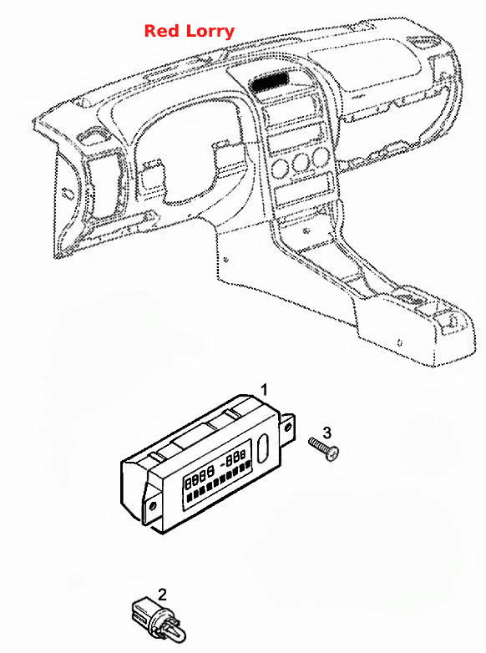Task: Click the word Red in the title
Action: tap(162, 31)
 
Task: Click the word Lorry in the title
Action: tap(210, 32)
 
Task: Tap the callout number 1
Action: tap(264, 390)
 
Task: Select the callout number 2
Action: tap(162, 595)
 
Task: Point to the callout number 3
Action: tap(327, 433)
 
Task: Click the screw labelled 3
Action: tap(324, 448)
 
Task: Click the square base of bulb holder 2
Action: tap(144, 609)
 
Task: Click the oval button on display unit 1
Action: tap(264, 448)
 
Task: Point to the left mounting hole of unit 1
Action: tap(152, 505)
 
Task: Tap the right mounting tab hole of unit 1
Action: tap(287, 428)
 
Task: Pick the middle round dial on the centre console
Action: tap(301, 163)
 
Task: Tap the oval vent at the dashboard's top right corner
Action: tap(423, 40)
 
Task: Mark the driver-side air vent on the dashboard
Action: tap(102, 185)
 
